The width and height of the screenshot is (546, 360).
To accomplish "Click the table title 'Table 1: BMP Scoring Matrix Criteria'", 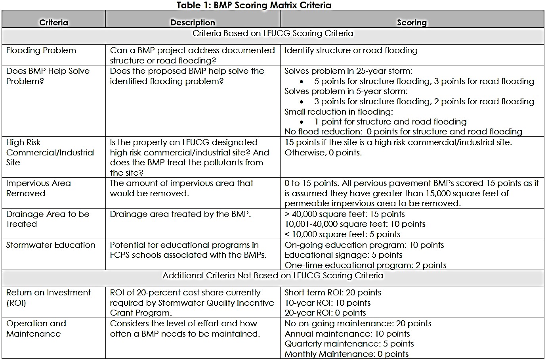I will coord(254,5).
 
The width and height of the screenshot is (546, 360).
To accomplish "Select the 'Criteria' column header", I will coord(53,23).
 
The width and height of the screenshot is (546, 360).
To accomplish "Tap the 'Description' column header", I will coord(193,23).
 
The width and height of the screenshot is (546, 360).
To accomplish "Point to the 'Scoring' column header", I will coord(412,23).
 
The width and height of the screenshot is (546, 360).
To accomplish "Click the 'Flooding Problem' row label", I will coord(41,50).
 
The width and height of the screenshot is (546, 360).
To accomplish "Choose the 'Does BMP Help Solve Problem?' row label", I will coord(48,76).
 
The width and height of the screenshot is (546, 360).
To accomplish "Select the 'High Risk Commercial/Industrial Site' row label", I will coord(50,152).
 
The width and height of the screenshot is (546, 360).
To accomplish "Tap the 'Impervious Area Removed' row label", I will coord(38,188).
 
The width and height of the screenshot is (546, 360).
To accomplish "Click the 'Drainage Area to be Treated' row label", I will coord(48,219).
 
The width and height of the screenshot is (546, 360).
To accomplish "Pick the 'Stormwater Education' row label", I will coord(51,245).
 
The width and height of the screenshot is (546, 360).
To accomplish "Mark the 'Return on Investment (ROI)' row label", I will coord(48,298).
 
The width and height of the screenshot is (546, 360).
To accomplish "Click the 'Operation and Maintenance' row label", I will coord(36,329).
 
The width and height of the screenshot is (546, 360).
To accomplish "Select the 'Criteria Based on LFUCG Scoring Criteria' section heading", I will coord(273,33).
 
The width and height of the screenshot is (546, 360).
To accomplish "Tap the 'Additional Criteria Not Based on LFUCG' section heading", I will coord(273,276).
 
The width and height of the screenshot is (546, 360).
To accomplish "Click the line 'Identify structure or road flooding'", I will coord(351,50).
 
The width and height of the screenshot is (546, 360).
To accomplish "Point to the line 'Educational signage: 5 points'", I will coord(343,255).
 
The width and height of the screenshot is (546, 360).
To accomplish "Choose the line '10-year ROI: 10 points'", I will coord(327,303).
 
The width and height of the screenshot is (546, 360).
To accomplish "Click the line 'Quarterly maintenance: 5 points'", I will coord(349,344).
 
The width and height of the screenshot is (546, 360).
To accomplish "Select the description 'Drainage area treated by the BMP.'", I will coord(180,214).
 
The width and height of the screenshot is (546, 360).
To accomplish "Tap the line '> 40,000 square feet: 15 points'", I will coord(344,214).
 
